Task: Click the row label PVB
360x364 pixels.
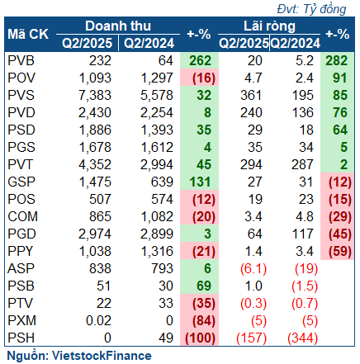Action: coord(21,60)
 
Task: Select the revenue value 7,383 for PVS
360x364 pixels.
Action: coord(95,95)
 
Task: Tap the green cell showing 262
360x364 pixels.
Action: coord(200,60)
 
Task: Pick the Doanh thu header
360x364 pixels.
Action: coord(118,26)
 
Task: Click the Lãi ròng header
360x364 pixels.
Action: coord(269,26)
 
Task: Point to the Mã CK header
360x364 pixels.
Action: coord(28,35)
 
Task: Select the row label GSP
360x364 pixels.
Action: coord(21,182)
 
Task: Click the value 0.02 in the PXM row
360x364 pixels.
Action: coord(98,320)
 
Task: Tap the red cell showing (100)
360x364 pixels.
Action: coord(200,338)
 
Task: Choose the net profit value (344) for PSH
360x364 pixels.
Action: coord(302,338)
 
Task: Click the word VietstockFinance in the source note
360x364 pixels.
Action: coord(102,356)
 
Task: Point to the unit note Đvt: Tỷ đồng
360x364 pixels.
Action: coord(311,9)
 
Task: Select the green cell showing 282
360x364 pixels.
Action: coord(337,60)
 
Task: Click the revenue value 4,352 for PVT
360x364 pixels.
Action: coord(95,164)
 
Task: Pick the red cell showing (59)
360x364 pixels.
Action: coord(337,251)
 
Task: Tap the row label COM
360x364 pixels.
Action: coord(22,216)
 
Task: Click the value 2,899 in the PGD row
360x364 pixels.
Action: coord(157,234)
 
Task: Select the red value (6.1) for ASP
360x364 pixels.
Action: coord(253,268)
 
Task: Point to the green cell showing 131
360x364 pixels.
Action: coord(200,182)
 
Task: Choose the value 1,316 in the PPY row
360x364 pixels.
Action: coord(157,251)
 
